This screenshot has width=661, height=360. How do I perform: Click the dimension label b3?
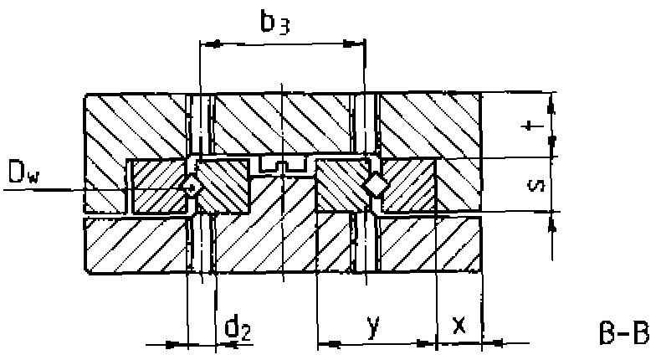click(x=274, y=21)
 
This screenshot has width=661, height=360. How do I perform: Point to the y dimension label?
click(x=375, y=326)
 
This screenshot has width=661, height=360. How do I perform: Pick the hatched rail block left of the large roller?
click(x=339, y=186)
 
